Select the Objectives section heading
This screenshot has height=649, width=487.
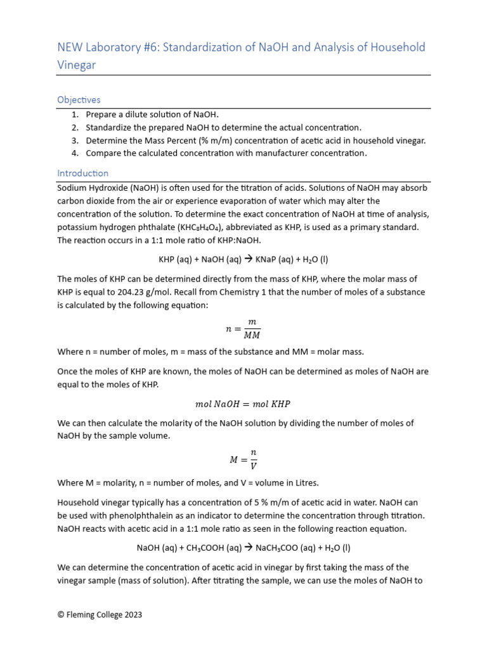point(79,100)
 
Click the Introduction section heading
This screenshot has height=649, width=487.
point(82,173)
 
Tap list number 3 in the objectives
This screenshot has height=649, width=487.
point(74,140)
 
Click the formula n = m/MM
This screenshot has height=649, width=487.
point(243,328)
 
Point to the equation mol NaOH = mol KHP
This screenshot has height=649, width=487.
point(243,404)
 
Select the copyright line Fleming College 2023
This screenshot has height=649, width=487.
point(100,614)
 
